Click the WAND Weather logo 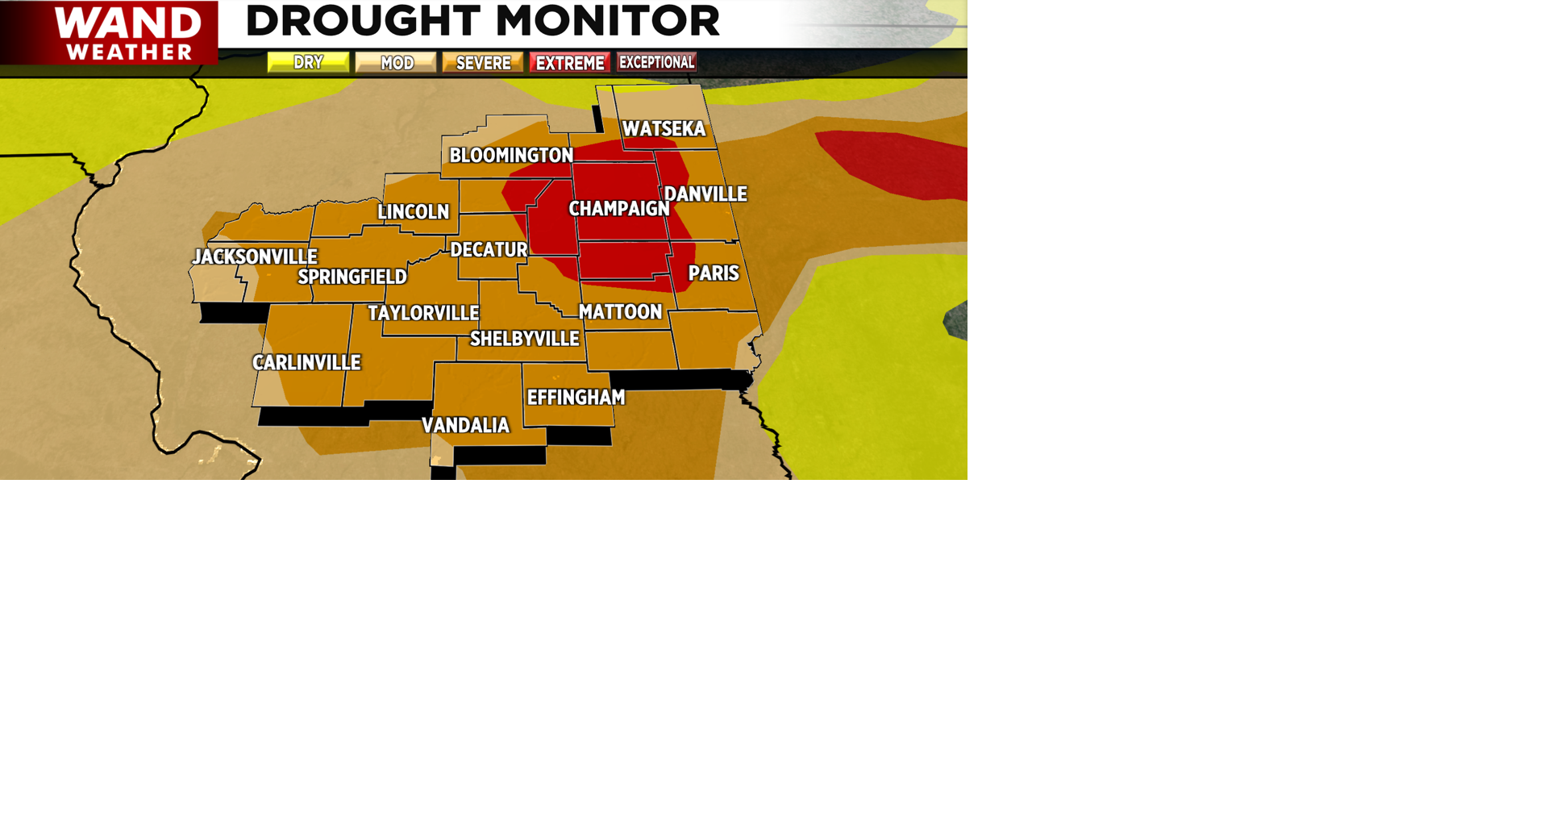pyautogui.click(x=109, y=32)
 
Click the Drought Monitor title pyautogui.click(x=482, y=21)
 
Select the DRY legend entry pyautogui.click(x=308, y=62)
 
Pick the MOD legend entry pyautogui.click(x=396, y=63)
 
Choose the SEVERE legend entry pyautogui.click(x=483, y=63)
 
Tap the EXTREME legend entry pyautogui.click(x=570, y=63)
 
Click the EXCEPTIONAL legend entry pyautogui.click(x=656, y=62)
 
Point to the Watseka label pyautogui.click(x=664, y=129)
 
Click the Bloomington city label pyautogui.click(x=511, y=156)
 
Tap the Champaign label pyautogui.click(x=619, y=209)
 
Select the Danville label pyautogui.click(x=705, y=194)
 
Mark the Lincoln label pyautogui.click(x=414, y=212)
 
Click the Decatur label pyautogui.click(x=489, y=250)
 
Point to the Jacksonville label pyautogui.click(x=255, y=257)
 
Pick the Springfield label pyautogui.click(x=352, y=277)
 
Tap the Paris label pyautogui.click(x=714, y=273)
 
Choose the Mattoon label pyautogui.click(x=620, y=312)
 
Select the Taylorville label pyautogui.click(x=423, y=313)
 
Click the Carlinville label pyautogui.click(x=306, y=363)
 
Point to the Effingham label pyautogui.click(x=576, y=398)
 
